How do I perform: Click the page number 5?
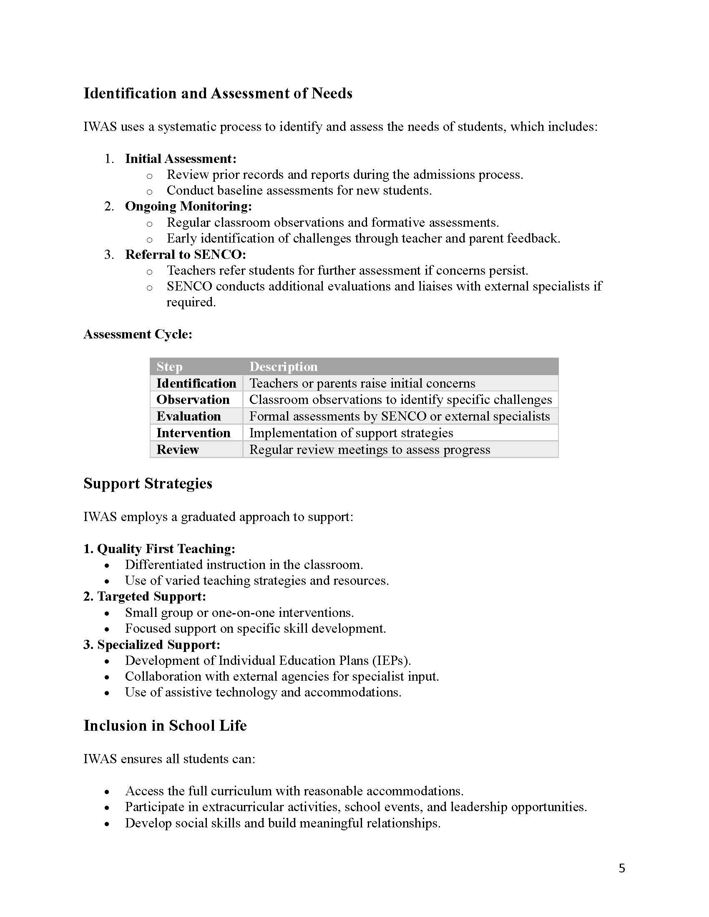point(622,868)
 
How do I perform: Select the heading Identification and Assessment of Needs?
point(218,93)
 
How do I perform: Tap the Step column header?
point(169,366)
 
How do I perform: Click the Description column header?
point(284,366)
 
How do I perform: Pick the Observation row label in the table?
point(193,399)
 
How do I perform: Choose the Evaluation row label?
point(189,416)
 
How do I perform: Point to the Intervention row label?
point(193,433)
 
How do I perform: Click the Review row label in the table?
point(177,450)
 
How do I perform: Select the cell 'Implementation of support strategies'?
point(351,433)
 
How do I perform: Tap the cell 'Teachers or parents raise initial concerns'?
point(362,383)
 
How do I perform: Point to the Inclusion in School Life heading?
point(165,726)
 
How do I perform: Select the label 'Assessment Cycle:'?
point(138,334)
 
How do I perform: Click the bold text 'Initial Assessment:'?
point(181,159)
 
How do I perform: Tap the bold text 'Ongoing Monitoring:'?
point(188,206)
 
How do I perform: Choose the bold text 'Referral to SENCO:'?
point(185,254)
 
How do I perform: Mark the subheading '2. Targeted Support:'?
point(144,596)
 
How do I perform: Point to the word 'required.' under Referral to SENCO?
point(191,302)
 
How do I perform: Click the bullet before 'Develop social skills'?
point(107,824)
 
